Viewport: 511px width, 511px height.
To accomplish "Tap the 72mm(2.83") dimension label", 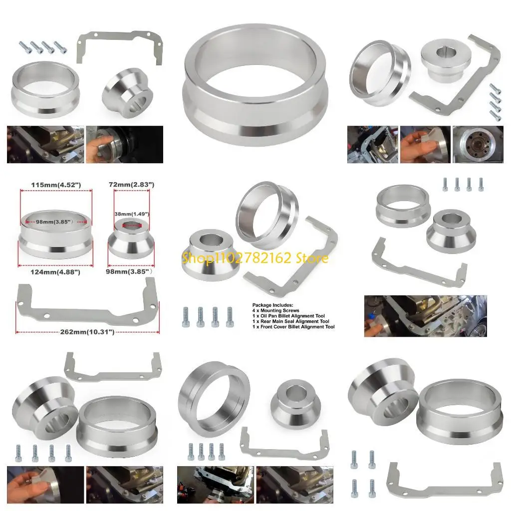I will click(131, 185).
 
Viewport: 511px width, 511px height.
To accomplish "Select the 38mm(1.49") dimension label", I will click(131, 214).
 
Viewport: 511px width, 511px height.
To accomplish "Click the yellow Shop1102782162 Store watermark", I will click(255, 258).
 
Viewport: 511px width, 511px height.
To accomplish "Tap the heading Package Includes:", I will click(272, 305).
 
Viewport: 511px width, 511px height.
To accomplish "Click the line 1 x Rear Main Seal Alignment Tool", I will click(290, 321).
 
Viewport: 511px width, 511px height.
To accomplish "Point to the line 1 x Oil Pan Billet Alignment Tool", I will click(288, 316).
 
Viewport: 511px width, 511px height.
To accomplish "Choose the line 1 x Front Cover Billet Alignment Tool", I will click(293, 327).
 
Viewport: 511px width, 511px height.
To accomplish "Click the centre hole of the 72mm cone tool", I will click(131, 225).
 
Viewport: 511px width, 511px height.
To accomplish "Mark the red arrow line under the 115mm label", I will click(55, 191).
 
